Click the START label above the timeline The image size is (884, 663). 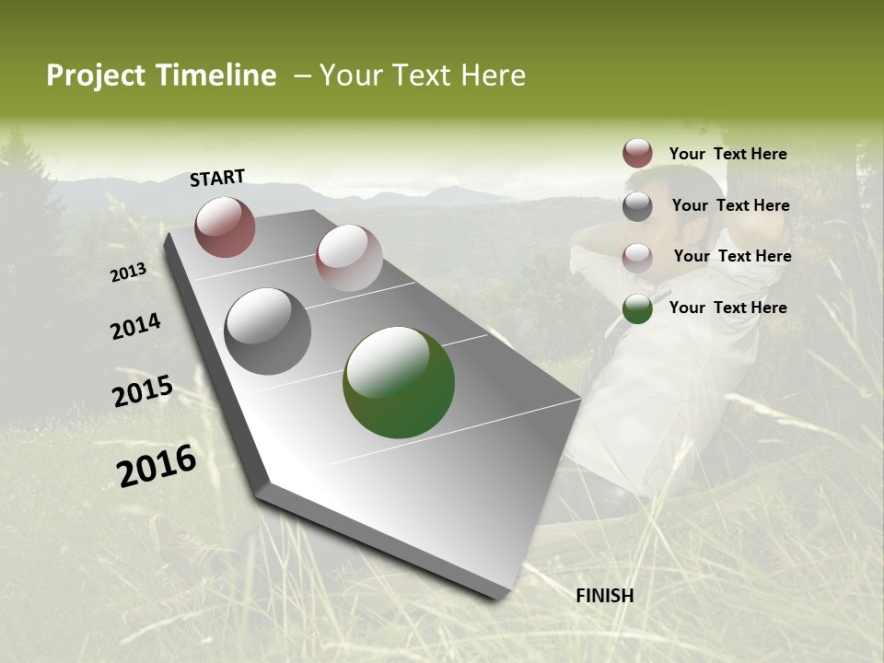[x=217, y=178]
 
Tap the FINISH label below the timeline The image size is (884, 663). [x=604, y=596]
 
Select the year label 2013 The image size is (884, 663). [x=129, y=272]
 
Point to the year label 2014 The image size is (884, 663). [x=135, y=327]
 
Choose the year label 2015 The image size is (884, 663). [x=143, y=391]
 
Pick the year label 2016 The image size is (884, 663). [x=157, y=466]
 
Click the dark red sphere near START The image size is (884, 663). [x=225, y=227]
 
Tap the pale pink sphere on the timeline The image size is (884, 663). [x=349, y=258]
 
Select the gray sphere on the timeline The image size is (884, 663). [x=268, y=331]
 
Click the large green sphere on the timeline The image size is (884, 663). [x=399, y=382]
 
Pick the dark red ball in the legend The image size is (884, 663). [x=637, y=153]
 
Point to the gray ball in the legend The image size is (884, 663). [x=637, y=206]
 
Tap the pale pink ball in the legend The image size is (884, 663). [x=637, y=258]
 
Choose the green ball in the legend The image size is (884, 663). [x=637, y=308]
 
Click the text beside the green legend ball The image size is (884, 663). [x=727, y=308]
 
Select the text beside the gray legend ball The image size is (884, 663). [x=730, y=205]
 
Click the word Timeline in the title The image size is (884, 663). [x=217, y=76]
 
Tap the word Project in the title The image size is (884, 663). [x=95, y=76]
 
